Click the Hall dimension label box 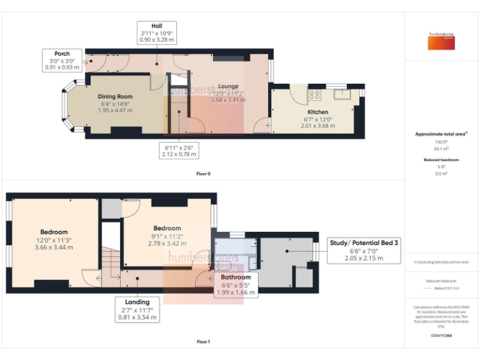pyautogui.click(x=157, y=32)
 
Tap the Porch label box pyautogui.click(x=62, y=59)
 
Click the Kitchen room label pyautogui.click(x=317, y=112)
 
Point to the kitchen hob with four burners pyautogui.click(x=315, y=96)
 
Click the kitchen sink pyautogui.click(x=342, y=95)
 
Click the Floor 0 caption pyautogui.click(x=202, y=173)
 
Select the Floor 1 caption pyautogui.click(x=202, y=342)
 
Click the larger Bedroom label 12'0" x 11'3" pyautogui.click(x=54, y=239)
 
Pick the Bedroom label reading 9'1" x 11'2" pyautogui.click(x=167, y=236)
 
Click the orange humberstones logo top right pyautogui.click(x=442, y=42)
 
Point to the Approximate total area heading pyautogui.click(x=441, y=134)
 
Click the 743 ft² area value pyautogui.click(x=442, y=142)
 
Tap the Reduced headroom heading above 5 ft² pyautogui.click(x=442, y=160)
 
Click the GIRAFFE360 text pyautogui.click(x=442, y=336)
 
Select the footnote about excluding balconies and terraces pyautogui.click(x=442, y=262)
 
